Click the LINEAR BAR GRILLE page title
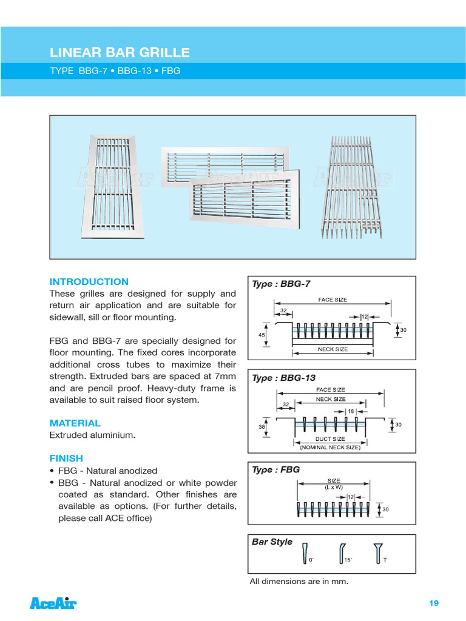[120, 53]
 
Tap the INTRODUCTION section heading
[89, 281]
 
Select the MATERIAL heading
[75, 423]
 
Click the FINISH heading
[66, 458]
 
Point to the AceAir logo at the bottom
[53, 603]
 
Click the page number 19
[433, 603]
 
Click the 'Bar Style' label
[272, 542]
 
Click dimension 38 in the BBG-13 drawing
[261, 426]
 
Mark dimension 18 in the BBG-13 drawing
[351, 411]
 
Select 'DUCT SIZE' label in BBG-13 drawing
[331, 439]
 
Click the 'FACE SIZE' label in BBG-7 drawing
[333, 300]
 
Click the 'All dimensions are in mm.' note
[299, 582]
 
